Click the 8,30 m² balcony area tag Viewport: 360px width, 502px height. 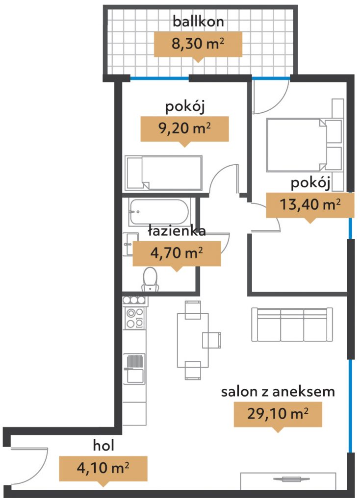[x=198, y=44]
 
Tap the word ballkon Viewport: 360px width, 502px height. [x=198, y=22]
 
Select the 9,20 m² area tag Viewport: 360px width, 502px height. [x=184, y=129]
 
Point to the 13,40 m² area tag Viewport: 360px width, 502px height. [x=310, y=205]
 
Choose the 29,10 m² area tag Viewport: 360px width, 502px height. [x=278, y=414]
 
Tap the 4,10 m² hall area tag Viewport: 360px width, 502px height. [x=103, y=469]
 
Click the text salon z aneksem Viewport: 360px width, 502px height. [x=278, y=392]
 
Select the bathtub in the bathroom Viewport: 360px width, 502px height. [x=159, y=212]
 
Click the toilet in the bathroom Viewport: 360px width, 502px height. [x=150, y=279]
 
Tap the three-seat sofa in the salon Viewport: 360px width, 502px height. [x=292, y=325]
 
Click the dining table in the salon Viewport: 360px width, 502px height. [x=193, y=340]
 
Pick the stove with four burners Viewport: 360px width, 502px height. [x=135, y=318]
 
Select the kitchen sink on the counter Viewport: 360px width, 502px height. [x=134, y=369]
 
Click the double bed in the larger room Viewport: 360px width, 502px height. [x=304, y=145]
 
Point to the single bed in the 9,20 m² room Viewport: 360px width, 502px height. [x=164, y=173]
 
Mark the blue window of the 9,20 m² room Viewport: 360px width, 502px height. [x=159, y=78]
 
